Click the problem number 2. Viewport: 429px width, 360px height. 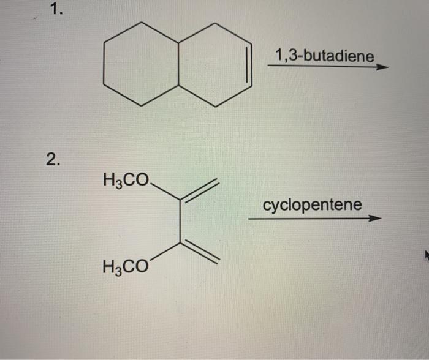click(53, 161)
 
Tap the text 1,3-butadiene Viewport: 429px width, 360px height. click(324, 56)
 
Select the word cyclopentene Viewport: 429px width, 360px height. click(312, 204)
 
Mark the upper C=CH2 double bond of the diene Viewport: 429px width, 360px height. click(199, 189)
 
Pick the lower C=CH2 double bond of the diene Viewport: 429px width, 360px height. click(199, 252)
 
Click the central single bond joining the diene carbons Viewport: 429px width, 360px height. click(180, 220)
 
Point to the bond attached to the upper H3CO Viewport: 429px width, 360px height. click(165, 191)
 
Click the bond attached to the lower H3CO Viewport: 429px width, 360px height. click(164, 252)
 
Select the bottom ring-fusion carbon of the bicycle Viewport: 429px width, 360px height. click(178, 85)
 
